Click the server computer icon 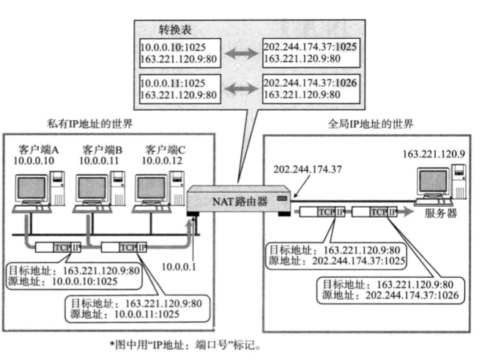pyautogui.click(x=437, y=183)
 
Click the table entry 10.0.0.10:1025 pyautogui.click(x=168, y=46)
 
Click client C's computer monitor pyautogui.click(x=152, y=187)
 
